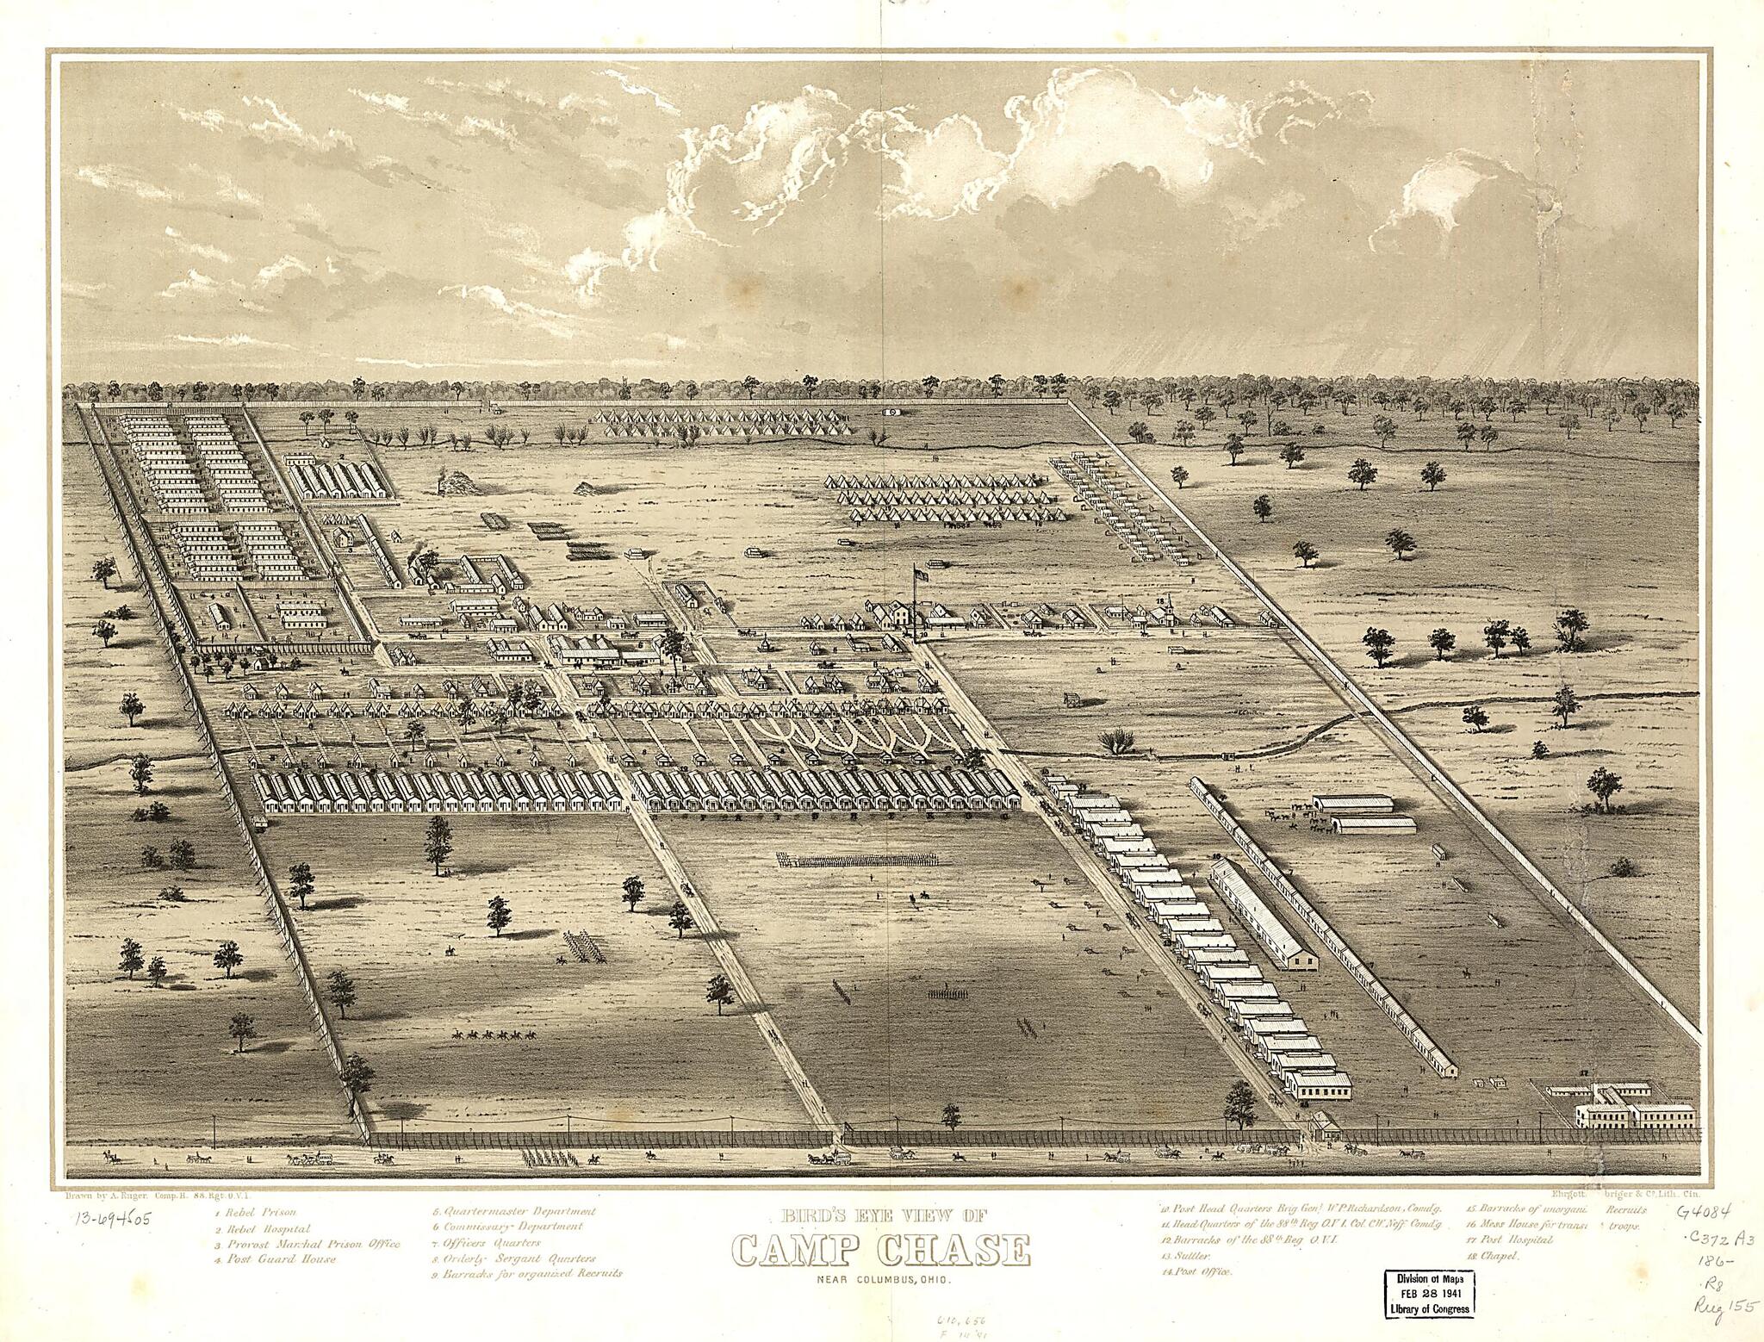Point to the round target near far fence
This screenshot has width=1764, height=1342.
tap(894, 413)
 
